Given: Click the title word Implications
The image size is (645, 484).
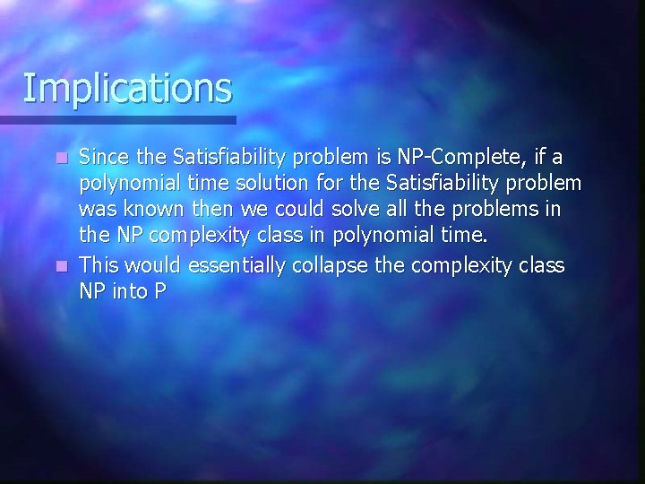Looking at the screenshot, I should click(x=126, y=89).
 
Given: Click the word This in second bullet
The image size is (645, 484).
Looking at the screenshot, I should click(x=100, y=266).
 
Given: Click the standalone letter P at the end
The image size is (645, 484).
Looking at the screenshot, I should click(x=160, y=291).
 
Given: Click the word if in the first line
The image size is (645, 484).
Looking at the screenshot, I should click(x=540, y=159).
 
